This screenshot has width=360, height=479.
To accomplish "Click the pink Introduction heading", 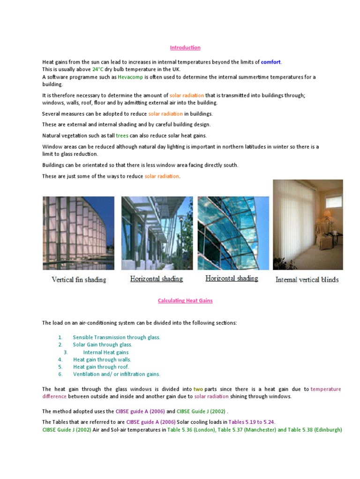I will coord(185,48).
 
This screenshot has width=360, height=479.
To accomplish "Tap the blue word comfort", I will coord(271,62).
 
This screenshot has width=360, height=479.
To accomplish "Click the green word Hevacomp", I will coord(130,77).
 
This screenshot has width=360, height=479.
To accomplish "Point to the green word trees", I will coord(122,136).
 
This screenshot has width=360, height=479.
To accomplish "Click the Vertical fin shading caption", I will coord(79,280).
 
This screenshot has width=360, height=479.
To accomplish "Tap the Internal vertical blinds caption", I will coord(307,280).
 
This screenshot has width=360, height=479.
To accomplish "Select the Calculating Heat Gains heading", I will coord(185,301).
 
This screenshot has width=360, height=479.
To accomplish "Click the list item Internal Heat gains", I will coord(105,352).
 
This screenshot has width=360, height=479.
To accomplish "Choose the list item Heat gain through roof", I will coord(101,367).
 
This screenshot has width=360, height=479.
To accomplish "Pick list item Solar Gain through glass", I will coord(103,345).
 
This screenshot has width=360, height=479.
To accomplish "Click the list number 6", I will coord(60,374).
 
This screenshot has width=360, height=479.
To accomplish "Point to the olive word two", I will coord(198,389).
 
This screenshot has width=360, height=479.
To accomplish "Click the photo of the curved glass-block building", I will coord(78,233).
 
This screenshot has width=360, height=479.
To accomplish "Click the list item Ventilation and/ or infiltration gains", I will coord(116,374).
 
